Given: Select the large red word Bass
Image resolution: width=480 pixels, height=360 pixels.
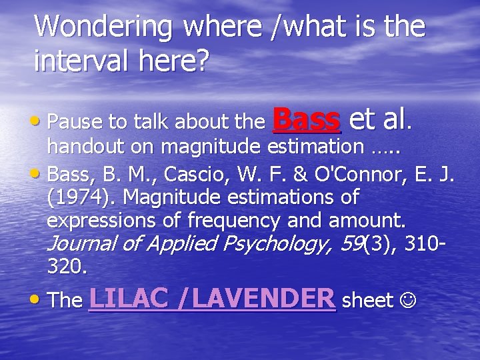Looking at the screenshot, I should pyautogui.click(x=307, y=119).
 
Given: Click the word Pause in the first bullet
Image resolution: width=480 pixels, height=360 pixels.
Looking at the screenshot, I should pyautogui.click(x=71, y=122).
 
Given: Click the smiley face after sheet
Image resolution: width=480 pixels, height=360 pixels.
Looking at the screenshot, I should pyautogui.click(x=406, y=301).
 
